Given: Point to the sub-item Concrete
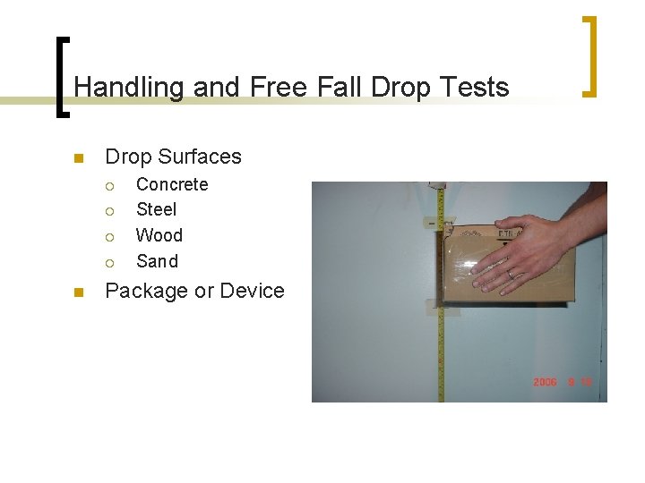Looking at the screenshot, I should click(172, 184).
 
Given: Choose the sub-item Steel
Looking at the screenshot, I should click(156, 209).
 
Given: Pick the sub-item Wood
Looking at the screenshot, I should click(159, 235).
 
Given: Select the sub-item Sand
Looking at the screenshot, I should click(157, 261).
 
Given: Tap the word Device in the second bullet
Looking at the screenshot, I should click(252, 291).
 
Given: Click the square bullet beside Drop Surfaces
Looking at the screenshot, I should click(78, 159).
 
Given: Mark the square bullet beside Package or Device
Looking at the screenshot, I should click(78, 292).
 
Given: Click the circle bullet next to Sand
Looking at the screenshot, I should click(109, 262).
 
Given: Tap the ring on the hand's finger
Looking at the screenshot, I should click(511, 275).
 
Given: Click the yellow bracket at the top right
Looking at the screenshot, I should click(590, 55).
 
